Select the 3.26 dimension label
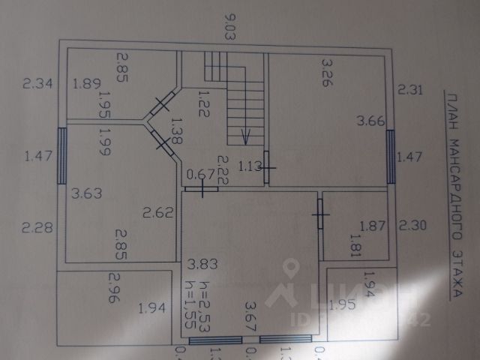click(x=325, y=71)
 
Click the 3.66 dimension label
click(x=370, y=120)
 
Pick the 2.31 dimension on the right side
click(x=412, y=91)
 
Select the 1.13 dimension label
click(x=250, y=166)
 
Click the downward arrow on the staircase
click(x=244, y=136)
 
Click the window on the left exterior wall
click(x=61, y=155)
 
